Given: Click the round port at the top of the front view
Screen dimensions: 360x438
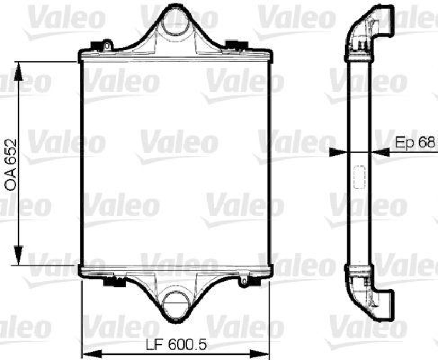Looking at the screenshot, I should [x=175, y=20].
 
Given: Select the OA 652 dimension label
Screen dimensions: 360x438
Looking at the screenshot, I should [x=11, y=164].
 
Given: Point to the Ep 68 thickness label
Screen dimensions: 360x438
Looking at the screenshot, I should [x=415, y=142].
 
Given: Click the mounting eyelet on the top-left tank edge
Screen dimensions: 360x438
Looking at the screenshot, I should [x=108, y=44].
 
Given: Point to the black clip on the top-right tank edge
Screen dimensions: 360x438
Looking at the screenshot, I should [x=237, y=44].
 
